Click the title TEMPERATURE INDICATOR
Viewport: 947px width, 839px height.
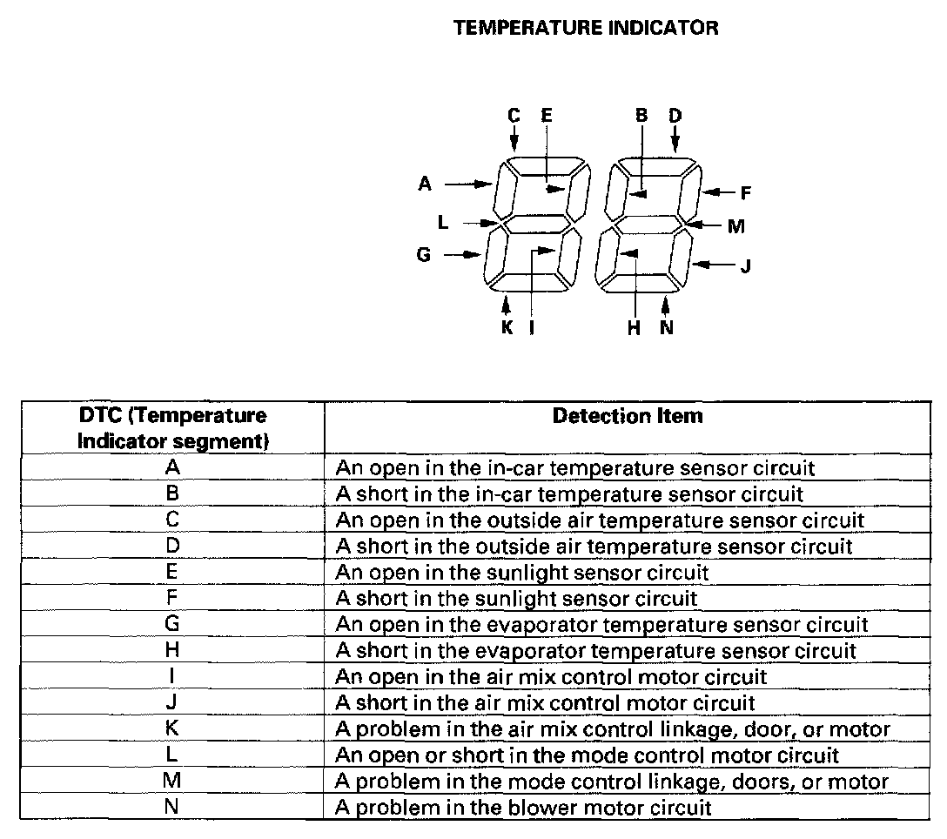pyautogui.click(x=586, y=28)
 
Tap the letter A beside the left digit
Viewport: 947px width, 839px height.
pyautogui.click(x=425, y=184)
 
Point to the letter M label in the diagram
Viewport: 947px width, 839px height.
pyautogui.click(x=736, y=227)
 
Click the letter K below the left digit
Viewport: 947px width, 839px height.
pyautogui.click(x=507, y=328)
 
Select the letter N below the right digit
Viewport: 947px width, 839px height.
pyautogui.click(x=667, y=328)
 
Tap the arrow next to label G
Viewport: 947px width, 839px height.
pyautogui.click(x=462, y=255)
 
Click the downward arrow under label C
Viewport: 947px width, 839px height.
pyautogui.click(x=514, y=138)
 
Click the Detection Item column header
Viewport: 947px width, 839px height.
pyautogui.click(x=628, y=416)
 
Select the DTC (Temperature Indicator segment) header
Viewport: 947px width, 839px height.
pyautogui.click(x=171, y=428)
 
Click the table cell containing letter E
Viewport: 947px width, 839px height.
pyautogui.click(x=171, y=573)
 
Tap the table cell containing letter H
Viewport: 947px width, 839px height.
pyautogui.click(x=171, y=651)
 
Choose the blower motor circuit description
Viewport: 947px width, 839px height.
pyautogui.click(x=524, y=808)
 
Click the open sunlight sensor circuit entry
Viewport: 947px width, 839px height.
pyautogui.click(x=522, y=573)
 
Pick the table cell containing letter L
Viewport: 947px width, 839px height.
pyautogui.click(x=171, y=755)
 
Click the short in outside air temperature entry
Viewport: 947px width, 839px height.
pyautogui.click(x=594, y=547)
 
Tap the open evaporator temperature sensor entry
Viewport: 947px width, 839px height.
pyautogui.click(x=601, y=625)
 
